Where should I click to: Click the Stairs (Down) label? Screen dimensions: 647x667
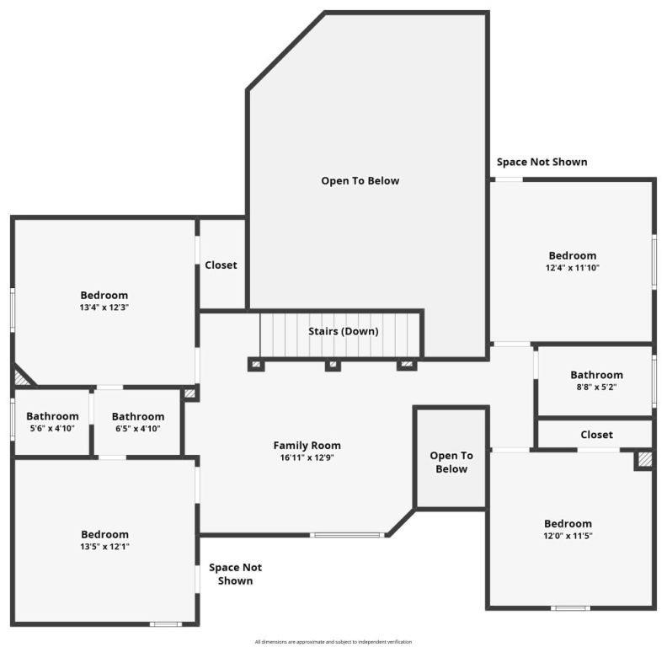pyautogui.click(x=343, y=331)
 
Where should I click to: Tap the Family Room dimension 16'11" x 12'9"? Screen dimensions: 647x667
pyautogui.click(x=307, y=457)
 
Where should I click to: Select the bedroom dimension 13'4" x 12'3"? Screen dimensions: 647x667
pyautogui.click(x=104, y=307)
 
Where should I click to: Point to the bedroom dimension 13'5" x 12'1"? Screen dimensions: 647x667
pyautogui.click(x=104, y=546)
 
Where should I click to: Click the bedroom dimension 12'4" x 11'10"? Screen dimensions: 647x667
pyautogui.click(x=572, y=268)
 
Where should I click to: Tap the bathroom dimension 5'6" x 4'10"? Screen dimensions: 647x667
pyautogui.click(x=52, y=428)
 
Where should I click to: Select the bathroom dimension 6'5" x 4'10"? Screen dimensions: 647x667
pyautogui.click(x=137, y=428)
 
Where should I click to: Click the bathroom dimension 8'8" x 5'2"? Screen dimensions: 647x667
pyautogui.click(x=596, y=388)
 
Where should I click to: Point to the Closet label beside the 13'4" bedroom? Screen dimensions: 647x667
pyautogui.click(x=221, y=265)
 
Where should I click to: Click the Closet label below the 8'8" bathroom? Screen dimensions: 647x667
pyautogui.click(x=596, y=435)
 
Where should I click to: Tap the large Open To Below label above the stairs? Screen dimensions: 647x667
pyautogui.click(x=360, y=180)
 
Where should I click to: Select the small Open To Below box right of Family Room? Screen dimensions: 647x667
pyautogui.click(x=451, y=462)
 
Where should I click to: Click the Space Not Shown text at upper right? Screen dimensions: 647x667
pyautogui.click(x=542, y=162)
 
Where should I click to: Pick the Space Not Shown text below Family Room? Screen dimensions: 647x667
pyautogui.click(x=235, y=574)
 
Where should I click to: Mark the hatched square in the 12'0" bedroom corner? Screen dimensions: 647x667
pyautogui.click(x=644, y=459)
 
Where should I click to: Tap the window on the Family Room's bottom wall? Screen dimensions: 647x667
pyautogui.click(x=346, y=534)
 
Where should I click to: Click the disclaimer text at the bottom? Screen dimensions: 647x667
pyautogui.click(x=333, y=642)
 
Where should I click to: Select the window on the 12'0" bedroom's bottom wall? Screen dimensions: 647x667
pyautogui.click(x=570, y=607)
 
